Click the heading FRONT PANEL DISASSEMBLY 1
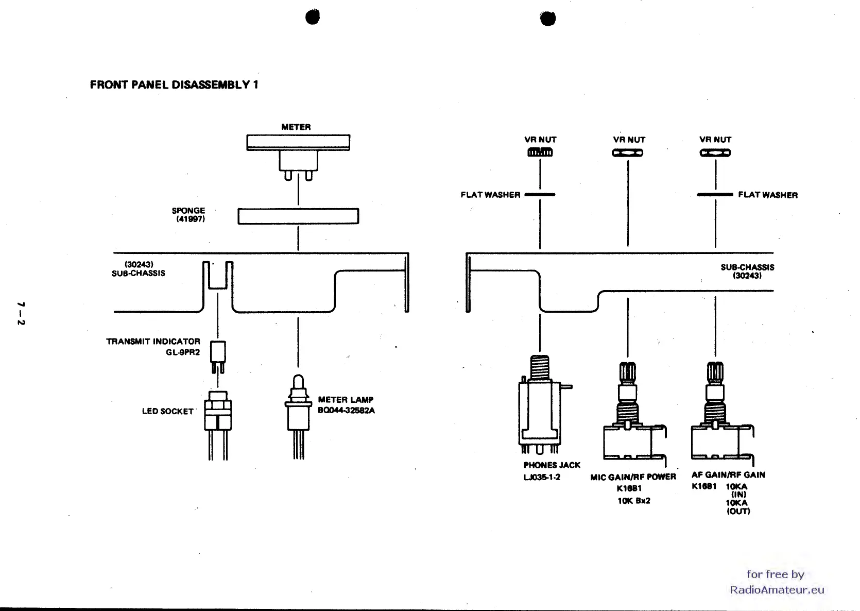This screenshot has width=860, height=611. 174,85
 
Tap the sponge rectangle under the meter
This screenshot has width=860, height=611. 298,216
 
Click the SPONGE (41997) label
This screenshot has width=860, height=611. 188,215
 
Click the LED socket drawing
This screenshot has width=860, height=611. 218,412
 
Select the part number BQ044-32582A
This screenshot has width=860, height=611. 346,411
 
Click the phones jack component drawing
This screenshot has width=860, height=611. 540,407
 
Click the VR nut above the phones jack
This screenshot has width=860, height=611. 540,152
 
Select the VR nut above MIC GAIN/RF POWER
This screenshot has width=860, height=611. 628,152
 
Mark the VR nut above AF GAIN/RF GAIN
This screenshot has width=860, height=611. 715,152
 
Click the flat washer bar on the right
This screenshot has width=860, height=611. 715,195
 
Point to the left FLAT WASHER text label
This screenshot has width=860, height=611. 490,195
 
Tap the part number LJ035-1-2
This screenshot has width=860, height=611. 542,478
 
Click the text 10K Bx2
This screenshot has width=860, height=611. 634,501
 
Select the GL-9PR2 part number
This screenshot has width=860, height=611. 183,352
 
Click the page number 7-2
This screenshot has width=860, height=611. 21,313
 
